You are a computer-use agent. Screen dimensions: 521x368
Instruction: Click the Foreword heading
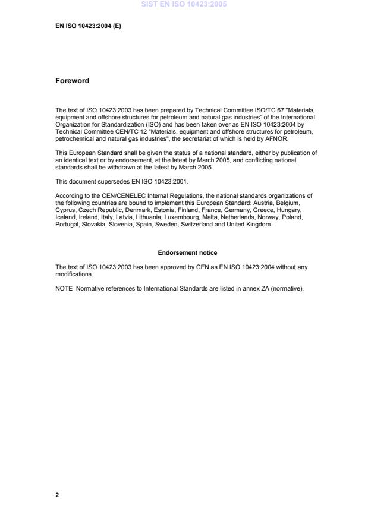72,81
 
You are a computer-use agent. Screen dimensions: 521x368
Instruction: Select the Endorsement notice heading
187,253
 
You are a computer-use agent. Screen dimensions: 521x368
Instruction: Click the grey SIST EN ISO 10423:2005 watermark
184,5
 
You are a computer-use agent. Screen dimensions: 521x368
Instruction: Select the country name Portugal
67,225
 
